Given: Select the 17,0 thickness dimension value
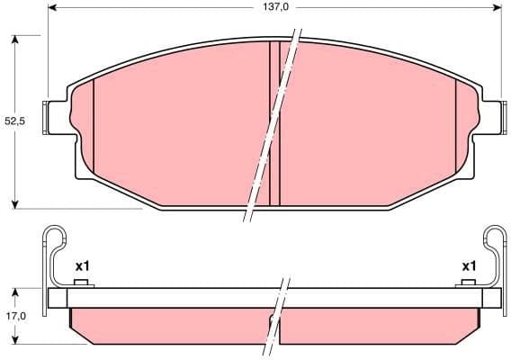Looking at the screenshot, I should tap(14, 316).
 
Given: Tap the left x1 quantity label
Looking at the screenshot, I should tap(82, 265).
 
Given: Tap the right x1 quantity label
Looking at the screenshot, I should tap(468, 265).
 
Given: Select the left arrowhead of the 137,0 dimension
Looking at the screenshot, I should tap(51, 6).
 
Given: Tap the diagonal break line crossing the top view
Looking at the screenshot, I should tap(270, 126).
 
